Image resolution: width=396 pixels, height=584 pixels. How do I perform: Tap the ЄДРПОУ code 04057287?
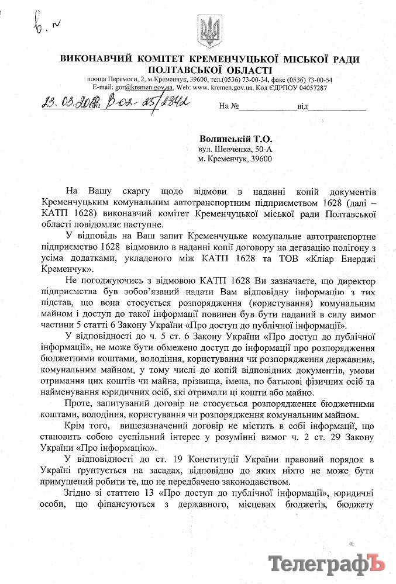pyautogui.click(x=312, y=87)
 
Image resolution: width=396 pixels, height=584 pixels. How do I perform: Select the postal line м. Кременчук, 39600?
pyautogui.click(x=234, y=159)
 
